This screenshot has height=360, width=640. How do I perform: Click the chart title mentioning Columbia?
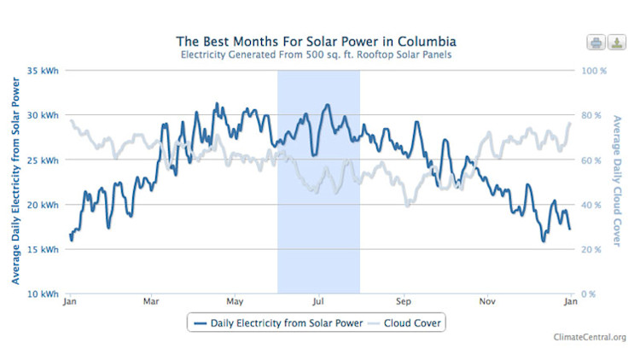[317, 40]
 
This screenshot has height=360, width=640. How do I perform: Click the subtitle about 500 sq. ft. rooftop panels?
[317, 55]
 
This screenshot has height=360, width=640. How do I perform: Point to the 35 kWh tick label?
[43, 71]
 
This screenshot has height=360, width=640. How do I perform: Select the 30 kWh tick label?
[43, 115]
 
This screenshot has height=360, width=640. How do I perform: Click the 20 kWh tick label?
[43, 205]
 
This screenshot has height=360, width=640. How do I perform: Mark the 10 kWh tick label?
[43, 294]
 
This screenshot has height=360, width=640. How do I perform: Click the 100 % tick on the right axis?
[595, 71]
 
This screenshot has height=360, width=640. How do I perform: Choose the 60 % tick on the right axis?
[593, 160]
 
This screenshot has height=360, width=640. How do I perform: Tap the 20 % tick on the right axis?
[593, 250]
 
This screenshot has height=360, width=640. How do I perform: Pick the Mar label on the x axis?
[151, 302]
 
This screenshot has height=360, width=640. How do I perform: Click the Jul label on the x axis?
[318, 302]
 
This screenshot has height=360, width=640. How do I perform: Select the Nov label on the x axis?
[487, 302]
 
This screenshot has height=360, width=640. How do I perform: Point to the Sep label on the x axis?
[404, 302]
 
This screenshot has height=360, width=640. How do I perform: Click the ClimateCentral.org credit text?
[590, 338]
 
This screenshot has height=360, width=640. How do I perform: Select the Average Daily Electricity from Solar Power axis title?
[15, 182]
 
